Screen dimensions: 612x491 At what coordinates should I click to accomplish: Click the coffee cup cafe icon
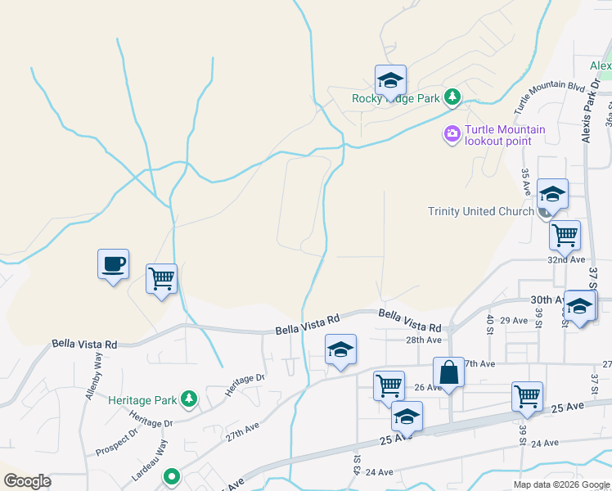113,265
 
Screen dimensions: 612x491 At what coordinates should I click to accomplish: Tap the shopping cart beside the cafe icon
162,279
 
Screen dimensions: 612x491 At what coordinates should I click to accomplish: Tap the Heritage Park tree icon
189,399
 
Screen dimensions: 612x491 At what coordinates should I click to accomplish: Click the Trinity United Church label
481,211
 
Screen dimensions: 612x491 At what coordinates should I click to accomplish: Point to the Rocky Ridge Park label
397,98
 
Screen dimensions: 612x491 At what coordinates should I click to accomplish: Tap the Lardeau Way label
149,461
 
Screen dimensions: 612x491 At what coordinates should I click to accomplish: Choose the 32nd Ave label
566,259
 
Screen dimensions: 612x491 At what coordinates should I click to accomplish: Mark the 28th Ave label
423,340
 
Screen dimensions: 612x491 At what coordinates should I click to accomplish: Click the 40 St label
490,324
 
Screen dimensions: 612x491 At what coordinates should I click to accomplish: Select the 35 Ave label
526,182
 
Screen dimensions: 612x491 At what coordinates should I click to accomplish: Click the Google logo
28,480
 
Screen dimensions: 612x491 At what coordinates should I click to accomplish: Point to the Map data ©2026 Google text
561,484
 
